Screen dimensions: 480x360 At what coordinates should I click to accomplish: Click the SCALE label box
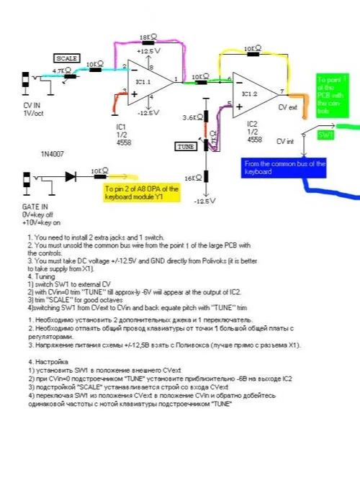[x=67, y=58]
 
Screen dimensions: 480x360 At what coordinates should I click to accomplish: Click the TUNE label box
[x=185, y=146]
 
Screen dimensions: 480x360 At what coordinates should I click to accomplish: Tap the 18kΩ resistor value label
[x=147, y=37]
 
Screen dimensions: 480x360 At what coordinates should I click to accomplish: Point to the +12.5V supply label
[x=145, y=51]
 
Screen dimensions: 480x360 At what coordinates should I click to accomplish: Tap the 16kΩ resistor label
[x=192, y=178]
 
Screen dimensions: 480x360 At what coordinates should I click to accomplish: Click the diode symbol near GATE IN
[x=71, y=176]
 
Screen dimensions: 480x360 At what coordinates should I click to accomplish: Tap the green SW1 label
[x=326, y=135]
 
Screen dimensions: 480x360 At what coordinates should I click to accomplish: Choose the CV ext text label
[x=289, y=107]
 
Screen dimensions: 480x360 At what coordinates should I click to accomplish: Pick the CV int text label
[x=287, y=142]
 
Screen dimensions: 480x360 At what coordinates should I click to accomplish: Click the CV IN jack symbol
[x=27, y=79]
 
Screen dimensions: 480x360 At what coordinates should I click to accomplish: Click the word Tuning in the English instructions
[x=44, y=274]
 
